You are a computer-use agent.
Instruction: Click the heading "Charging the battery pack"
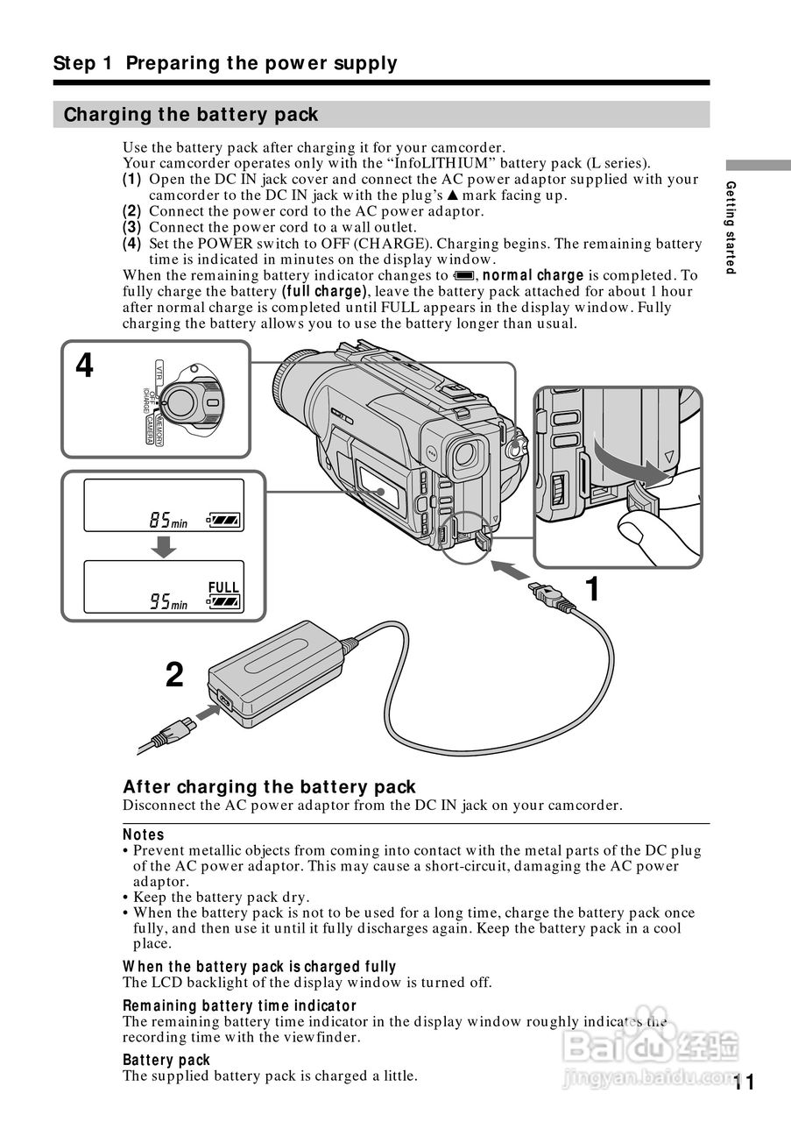[191, 115]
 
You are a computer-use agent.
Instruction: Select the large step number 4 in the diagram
[84, 366]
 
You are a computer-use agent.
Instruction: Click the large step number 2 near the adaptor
[175, 674]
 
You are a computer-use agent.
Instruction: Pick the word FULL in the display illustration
[223, 587]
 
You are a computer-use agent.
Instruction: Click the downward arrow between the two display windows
[162, 545]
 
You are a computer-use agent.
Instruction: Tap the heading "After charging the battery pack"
[269, 787]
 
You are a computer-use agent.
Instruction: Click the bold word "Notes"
[144, 834]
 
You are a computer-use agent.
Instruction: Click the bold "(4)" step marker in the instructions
[131, 244]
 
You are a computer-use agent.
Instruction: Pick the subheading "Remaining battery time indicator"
[239, 1005]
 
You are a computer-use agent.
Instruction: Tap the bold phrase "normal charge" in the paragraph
[533, 275]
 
